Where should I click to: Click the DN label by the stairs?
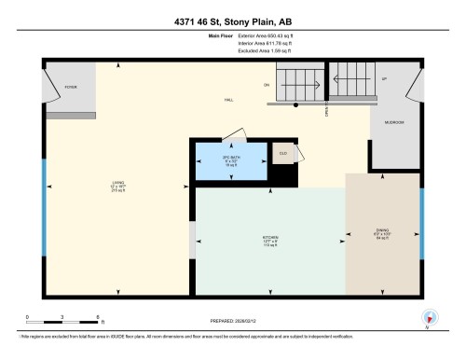click(x=267, y=86)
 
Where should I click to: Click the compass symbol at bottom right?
click(x=429, y=317)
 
